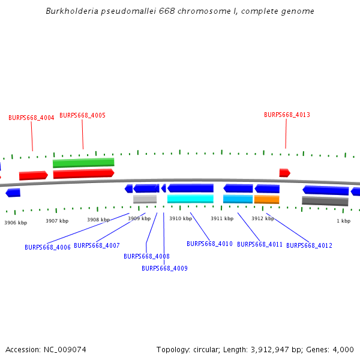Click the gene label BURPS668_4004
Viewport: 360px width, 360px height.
pos(31,118)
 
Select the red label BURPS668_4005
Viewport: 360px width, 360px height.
pos(83,115)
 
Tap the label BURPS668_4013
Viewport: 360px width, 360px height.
pos(287,115)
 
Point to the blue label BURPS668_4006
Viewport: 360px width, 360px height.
pos(47,247)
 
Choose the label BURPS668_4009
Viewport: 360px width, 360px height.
pos(164,268)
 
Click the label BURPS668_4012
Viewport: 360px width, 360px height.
pos(309,245)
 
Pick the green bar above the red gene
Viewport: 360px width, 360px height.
pos(83,163)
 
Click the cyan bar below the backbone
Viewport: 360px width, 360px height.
pos(190,199)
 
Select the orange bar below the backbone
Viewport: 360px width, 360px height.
pos(266,199)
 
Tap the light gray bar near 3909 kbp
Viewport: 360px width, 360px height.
pos(145,199)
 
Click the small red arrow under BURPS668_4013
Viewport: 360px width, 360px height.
pos(284,173)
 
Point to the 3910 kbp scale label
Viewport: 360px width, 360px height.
pos(180,219)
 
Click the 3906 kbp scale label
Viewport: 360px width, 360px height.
pos(16,223)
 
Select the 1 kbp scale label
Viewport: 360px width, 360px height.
pos(343,221)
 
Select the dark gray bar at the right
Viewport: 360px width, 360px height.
pos(325,201)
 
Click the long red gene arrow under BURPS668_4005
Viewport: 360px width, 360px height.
pos(83,173)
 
